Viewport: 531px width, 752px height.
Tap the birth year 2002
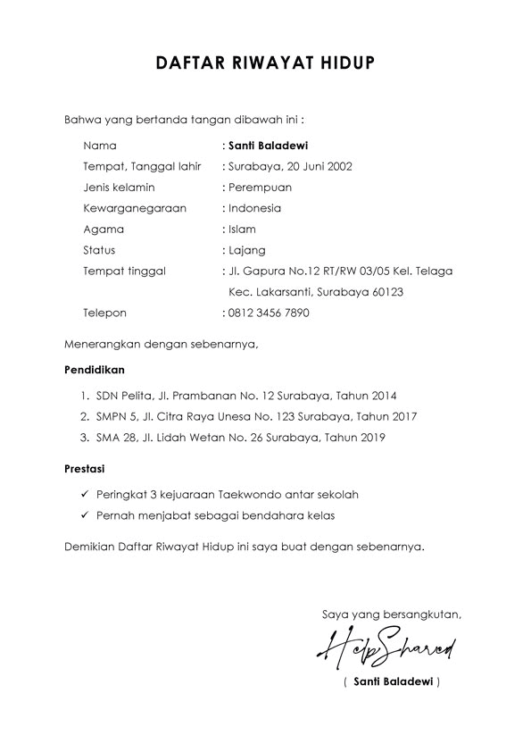click(x=339, y=166)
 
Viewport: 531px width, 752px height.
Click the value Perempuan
click(x=260, y=188)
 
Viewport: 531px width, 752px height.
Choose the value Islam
click(x=242, y=230)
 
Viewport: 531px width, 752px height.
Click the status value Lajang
click(x=246, y=250)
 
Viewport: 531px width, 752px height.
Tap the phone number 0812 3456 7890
click(x=269, y=313)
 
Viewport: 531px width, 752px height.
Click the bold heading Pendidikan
click(x=95, y=369)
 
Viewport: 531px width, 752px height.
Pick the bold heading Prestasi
click(x=86, y=467)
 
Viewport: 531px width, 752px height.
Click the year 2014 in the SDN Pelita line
click(x=384, y=395)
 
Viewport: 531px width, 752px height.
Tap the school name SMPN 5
click(x=112, y=416)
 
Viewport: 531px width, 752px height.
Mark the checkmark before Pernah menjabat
click(x=83, y=515)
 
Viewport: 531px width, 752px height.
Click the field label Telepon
click(x=105, y=313)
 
